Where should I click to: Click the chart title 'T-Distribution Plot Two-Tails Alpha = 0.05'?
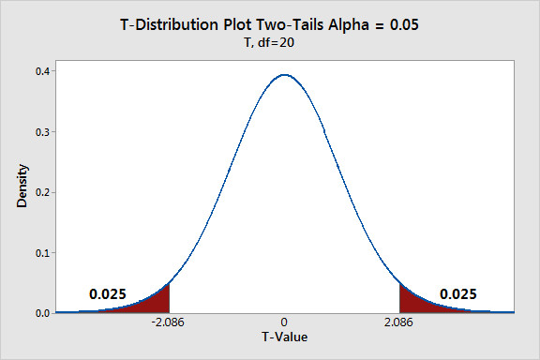269,24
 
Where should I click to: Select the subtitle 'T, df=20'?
269,43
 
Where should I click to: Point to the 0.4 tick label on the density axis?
43,71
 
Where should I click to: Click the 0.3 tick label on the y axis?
43,132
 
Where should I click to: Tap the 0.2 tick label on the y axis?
43,192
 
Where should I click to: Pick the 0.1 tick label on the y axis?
43,253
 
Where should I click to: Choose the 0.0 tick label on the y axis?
43,313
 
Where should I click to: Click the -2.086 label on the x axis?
168,322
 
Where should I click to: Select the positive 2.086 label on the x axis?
398,322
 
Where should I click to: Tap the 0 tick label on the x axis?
284,322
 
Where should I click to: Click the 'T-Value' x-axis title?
284,337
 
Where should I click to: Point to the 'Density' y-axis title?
22,186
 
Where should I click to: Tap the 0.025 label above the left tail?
108,294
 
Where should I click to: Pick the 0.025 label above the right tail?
458,294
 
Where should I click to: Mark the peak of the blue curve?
285,75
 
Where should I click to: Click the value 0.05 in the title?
404,24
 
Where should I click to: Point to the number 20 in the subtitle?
287,43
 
